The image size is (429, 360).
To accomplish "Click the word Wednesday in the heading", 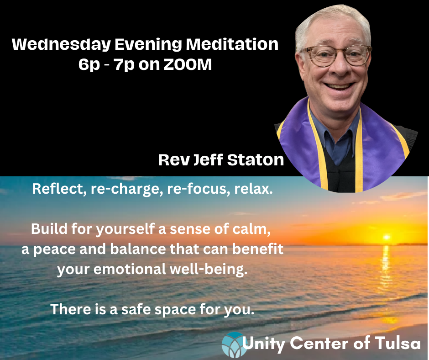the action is pyautogui.click(x=61, y=45).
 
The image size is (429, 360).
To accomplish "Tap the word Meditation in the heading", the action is pyautogui.click(x=232, y=44).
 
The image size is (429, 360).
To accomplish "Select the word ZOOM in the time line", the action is pyautogui.click(x=188, y=65).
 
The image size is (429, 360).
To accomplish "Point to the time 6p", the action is pyautogui.click(x=89, y=65).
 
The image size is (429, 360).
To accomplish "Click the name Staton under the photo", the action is pyautogui.click(x=256, y=160).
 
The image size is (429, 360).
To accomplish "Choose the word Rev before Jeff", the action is pyautogui.click(x=174, y=160).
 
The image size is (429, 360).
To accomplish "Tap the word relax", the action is pyautogui.click(x=254, y=189).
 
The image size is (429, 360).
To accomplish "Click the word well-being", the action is pyautogui.click(x=209, y=270).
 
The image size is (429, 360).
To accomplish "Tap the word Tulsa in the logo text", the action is pyautogui.click(x=398, y=343).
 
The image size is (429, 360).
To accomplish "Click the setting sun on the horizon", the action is pyautogui.click(x=386, y=237).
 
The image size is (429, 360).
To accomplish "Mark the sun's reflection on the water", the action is pyautogui.click(x=386, y=269).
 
